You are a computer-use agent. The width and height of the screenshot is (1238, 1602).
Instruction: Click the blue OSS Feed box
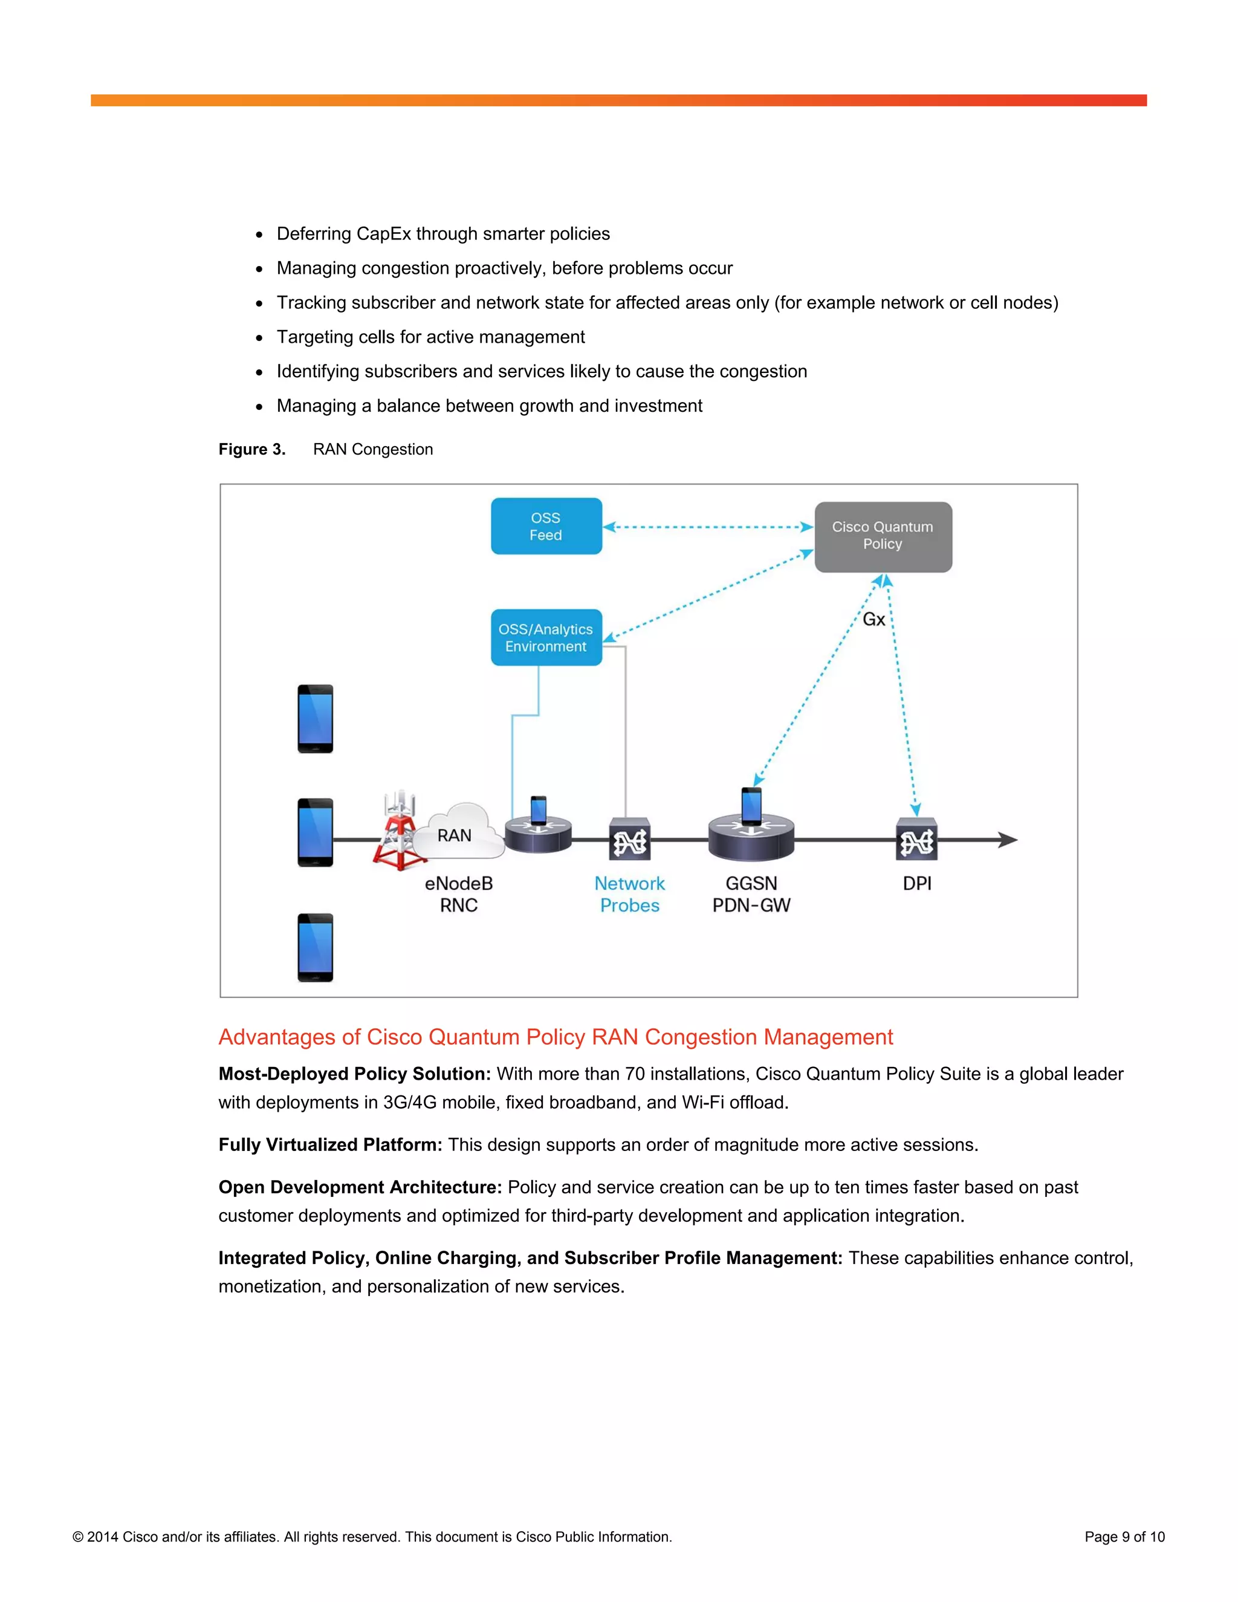click(x=546, y=526)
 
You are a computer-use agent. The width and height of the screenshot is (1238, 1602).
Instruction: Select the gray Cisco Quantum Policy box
click(x=883, y=536)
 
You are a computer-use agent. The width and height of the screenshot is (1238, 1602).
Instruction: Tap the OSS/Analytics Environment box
click(x=546, y=637)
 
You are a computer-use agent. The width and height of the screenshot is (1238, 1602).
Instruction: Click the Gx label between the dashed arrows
click(x=873, y=619)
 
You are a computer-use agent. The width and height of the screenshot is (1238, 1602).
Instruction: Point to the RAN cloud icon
click(x=458, y=832)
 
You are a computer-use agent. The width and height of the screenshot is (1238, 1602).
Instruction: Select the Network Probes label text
click(x=629, y=894)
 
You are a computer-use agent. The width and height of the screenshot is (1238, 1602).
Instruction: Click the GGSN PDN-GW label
click(x=751, y=894)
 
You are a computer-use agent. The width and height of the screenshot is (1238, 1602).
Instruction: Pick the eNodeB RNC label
click(x=458, y=894)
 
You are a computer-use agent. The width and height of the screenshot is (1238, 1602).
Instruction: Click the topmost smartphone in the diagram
click(x=316, y=719)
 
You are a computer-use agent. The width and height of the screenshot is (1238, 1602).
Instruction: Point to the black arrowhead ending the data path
click(x=1008, y=840)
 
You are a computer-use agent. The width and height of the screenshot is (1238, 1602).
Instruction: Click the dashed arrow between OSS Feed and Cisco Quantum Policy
click(x=708, y=527)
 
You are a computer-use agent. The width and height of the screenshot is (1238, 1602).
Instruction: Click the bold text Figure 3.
click(x=251, y=449)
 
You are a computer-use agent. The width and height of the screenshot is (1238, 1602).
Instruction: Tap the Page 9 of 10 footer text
click(x=1124, y=1537)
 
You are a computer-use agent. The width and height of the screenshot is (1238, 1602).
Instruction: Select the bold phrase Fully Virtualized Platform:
click(x=330, y=1144)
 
